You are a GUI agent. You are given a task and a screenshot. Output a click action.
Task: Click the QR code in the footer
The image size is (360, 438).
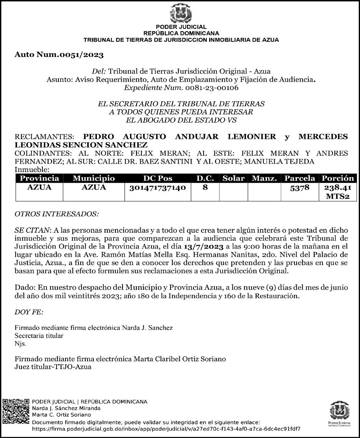[16, 415]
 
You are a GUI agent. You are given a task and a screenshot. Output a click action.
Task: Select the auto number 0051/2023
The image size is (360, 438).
[59, 55]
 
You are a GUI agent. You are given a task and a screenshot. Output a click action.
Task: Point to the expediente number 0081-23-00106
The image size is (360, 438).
[211, 88]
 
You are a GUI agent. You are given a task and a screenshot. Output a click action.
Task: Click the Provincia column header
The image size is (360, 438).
[39, 178]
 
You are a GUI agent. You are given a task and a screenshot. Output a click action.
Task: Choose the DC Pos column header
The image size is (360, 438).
[157, 178]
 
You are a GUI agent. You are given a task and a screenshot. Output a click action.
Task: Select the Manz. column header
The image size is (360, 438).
[264, 178]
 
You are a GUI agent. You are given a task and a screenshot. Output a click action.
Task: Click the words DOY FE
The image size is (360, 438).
[29, 312]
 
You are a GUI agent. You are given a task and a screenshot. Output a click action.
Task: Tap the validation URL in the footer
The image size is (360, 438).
[166, 429]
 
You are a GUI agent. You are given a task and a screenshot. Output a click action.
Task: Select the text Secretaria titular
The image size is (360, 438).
[39, 336]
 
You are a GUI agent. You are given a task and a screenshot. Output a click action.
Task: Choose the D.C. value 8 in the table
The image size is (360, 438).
[205, 188]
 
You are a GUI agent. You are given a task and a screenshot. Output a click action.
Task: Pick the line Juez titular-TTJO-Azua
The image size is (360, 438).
[53, 367]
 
